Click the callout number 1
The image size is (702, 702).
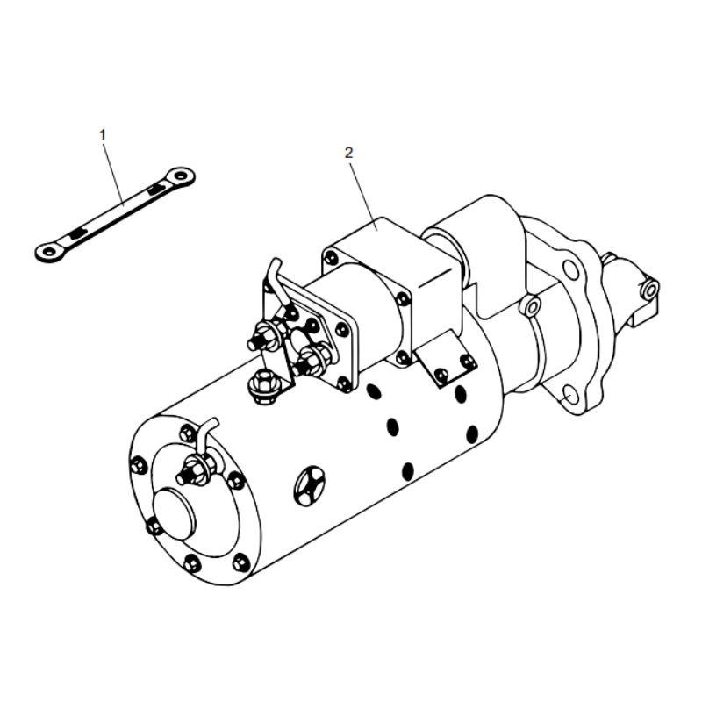pyautogui.click(x=103, y=134)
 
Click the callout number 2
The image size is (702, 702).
pyautogui.click(x=348, y=152)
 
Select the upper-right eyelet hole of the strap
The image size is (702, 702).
pyautogui.click(x=182, y=176)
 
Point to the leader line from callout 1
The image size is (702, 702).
pyautogui.click(x=114, y=172)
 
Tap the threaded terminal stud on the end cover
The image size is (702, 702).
pyautogui.click(x=189, y=476)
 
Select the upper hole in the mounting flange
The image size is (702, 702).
pyautogui.click(x=571, y=268)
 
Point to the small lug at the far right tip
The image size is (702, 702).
pyautogui.click(x=649, y=289)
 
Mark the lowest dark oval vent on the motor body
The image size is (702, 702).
pyautogui.click(x=407, y=471)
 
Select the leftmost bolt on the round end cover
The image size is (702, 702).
pyautogui.click(x=140, y=466)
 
